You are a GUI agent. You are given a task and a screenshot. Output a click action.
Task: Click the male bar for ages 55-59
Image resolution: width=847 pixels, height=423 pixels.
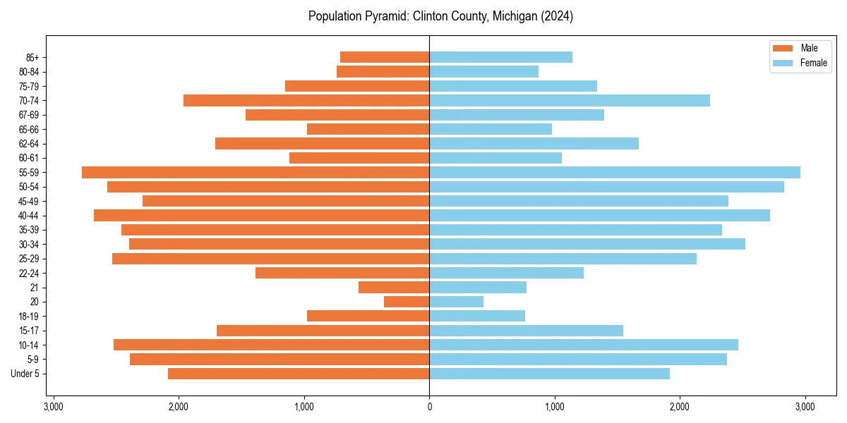(256, 172)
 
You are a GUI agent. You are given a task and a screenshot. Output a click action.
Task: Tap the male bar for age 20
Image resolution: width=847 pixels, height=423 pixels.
(407, 302)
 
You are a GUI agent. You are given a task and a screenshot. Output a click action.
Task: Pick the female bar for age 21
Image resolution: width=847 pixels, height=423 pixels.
(478, 287)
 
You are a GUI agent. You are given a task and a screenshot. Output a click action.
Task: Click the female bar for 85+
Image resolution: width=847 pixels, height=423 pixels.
(500, 57)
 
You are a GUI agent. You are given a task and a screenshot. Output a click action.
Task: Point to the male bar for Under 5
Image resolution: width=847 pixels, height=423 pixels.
(299, 374)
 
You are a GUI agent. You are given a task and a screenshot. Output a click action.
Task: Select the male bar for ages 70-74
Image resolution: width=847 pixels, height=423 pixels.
(306, 100)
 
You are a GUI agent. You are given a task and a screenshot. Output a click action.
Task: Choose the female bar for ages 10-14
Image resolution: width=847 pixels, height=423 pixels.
(584, 345)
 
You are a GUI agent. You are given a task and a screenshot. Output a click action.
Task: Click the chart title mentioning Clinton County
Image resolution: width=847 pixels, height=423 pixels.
(440, 16)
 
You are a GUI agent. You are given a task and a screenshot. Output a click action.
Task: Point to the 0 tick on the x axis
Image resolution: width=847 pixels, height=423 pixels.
(429, 406)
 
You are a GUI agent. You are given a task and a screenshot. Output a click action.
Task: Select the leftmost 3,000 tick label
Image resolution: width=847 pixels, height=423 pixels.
(53, 406)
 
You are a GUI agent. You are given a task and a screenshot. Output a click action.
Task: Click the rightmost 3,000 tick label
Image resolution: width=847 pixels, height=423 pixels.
(805, 406)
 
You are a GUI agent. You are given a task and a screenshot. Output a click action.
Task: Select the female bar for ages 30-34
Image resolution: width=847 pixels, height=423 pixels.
(587, 244)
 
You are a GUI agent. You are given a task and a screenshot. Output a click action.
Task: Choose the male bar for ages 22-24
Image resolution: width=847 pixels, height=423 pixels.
(342, 273)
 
